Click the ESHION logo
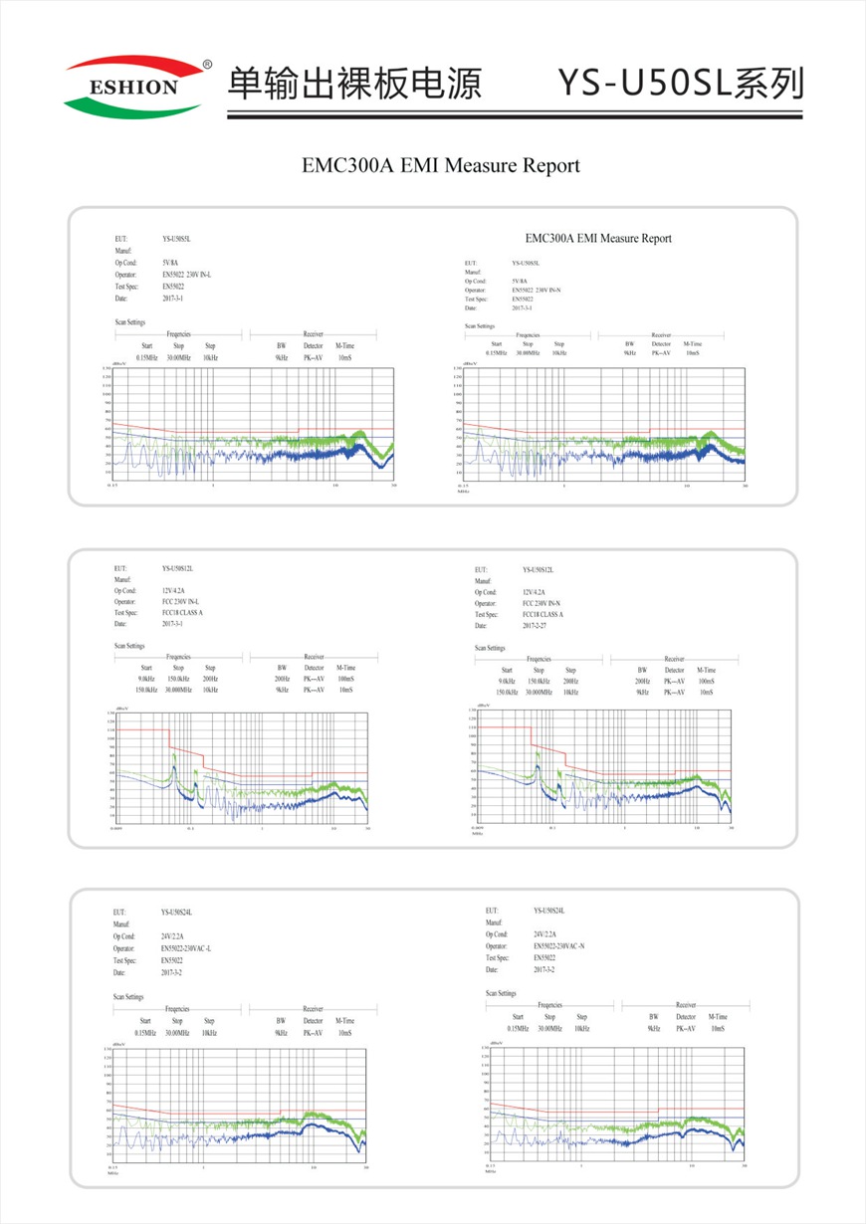[x=134, y=87]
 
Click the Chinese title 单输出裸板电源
[x=354, y=83]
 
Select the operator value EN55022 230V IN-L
[x=187, y=274]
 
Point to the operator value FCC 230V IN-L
[x=180, y=602]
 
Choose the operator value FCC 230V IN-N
[x=541, y=603]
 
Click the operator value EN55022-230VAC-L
[x=187, y=948]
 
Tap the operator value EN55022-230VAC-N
[x=559, y=946]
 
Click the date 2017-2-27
[x=539, y=626]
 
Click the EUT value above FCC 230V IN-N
[x=539, y=570]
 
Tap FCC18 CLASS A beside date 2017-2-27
[x=542, y=614]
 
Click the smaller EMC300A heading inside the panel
[x=598, y=238]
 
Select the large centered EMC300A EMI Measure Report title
[x=440, y=165]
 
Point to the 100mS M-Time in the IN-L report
[x=345, y=679]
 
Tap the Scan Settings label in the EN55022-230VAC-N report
[x=501, y=993]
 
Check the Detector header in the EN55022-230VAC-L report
[x=313, y=1021]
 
